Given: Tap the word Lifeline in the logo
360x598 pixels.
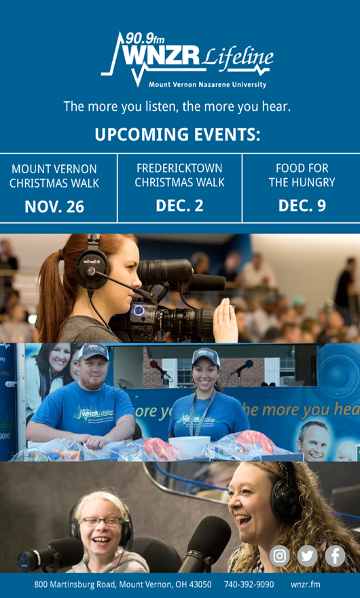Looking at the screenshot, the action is click(238, 58).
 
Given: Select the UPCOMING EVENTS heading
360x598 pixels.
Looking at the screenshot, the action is click(177, 135).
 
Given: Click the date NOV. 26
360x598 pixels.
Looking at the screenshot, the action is click(54, 207).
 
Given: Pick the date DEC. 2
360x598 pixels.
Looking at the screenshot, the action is click(179, 205).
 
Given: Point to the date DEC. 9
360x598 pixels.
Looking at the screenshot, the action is click(302, 205).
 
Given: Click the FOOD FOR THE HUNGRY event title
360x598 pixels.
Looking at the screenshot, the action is click(302, 175).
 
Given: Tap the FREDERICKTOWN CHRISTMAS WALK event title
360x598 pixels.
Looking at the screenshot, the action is click(179, 175).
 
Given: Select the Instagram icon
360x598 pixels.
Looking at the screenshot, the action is click(280, 556).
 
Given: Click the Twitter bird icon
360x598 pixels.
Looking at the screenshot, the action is click(308, 556).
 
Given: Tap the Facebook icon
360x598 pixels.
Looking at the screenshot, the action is click(336, 556).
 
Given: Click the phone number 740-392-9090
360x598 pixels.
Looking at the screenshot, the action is click(249, 584).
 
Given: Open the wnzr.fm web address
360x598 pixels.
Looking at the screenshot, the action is click(306, 584).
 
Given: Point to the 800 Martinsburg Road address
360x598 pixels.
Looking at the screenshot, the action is click(123, 584).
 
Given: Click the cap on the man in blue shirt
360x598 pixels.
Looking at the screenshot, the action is click(93, 351).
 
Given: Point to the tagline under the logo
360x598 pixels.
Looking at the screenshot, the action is click(177, 107).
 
